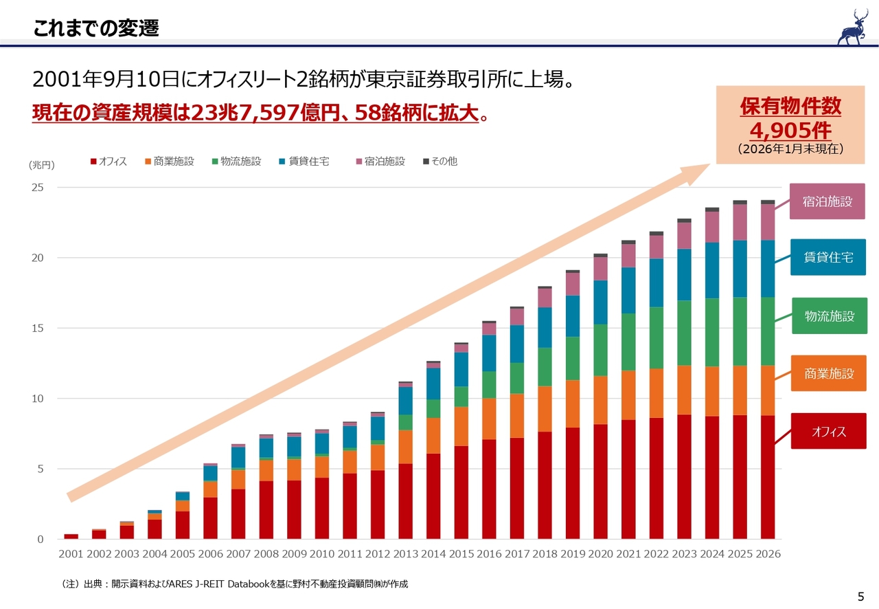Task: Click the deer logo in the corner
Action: tap(852, 27)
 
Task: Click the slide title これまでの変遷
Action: tap(96, 28)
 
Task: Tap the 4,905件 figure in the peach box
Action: tap(790, 131)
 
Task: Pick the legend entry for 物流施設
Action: tap(236, 162)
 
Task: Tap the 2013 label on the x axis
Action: tap(405, 554)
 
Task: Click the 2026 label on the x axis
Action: tap(767, 554)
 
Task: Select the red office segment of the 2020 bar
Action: tap(600, 481)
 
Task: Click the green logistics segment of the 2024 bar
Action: tap(711, 333)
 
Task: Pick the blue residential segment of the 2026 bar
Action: tap(767, 269)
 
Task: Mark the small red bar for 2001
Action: tap(71, 536)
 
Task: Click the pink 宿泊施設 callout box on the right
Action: tap(827, 201)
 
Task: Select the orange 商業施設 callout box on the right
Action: tap(828, 374)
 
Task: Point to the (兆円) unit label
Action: tap(41, 166)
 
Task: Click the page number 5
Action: tap(860, 597)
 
